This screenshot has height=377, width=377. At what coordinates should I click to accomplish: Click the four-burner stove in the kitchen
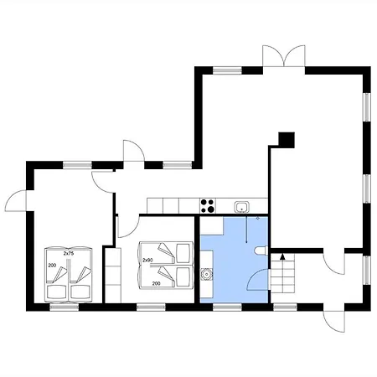point(208,206)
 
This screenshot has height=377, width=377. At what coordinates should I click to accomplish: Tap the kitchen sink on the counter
point(241,207)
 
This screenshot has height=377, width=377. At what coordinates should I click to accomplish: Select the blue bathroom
point(235,260)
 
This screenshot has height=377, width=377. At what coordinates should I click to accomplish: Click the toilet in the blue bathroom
point(261,250)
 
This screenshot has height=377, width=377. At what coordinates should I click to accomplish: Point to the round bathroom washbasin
point(206,274)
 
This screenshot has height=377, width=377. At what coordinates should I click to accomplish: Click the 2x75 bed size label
point(69,254)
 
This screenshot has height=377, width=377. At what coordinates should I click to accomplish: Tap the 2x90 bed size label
point(147,260)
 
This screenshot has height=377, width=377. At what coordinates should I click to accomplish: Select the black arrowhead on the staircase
point(282,256)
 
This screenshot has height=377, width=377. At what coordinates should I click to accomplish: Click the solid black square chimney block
point(287,140)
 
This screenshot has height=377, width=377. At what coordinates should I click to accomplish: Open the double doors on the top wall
point(284,56)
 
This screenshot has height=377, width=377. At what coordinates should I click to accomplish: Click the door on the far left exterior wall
point(16,200)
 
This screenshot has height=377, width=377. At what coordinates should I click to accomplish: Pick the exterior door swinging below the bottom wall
point(334,322)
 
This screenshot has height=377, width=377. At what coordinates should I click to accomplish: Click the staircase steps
point(282,273)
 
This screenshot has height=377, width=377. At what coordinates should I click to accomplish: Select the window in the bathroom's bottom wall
point(227,307)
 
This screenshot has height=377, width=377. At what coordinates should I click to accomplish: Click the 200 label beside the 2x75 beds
point(52,266)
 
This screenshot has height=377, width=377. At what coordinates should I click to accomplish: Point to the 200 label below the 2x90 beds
point(157,283)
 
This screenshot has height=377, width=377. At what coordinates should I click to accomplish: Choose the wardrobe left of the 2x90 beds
point(113,276)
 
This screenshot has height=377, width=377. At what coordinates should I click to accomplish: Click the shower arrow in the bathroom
point(246,229)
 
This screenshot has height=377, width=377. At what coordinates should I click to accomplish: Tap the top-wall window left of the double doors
point(227,70)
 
